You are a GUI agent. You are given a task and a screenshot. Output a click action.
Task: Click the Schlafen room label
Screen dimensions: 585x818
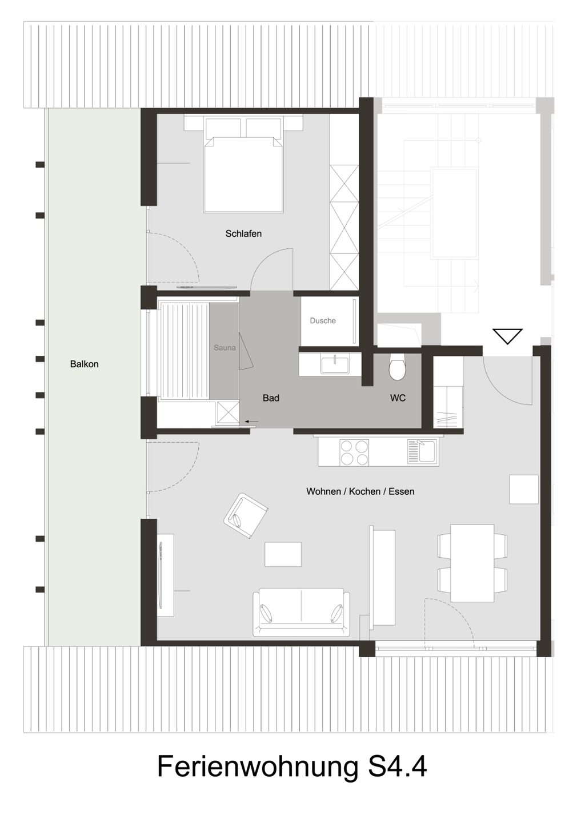point(243,234)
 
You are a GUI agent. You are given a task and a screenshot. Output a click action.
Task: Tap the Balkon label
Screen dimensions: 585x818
point(84,364)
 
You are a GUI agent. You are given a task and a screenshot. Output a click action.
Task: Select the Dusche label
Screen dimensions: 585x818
point(323,321)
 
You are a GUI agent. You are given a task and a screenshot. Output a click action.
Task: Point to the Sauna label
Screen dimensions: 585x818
point(225,348)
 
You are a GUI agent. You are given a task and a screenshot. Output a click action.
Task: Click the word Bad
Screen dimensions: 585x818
point(271,398)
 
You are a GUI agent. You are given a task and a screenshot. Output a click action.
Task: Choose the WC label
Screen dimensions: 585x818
point(398,398)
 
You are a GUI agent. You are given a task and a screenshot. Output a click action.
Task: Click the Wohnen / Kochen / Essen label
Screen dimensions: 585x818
point(360,491)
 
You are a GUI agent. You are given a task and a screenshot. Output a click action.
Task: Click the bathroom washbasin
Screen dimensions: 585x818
point(334,365)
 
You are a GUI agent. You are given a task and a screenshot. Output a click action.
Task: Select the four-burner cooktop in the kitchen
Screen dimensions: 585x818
point(354,452)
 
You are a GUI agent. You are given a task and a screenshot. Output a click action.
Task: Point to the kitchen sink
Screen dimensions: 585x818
point(422,452)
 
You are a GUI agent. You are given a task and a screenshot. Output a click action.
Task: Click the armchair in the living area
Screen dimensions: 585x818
point(246,515)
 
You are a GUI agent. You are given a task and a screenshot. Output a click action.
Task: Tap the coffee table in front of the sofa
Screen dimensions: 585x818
point(283,554)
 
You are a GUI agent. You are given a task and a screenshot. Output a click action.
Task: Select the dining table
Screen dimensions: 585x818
point(472,563)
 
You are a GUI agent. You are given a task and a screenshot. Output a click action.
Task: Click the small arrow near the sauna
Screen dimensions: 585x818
point(251,422)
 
